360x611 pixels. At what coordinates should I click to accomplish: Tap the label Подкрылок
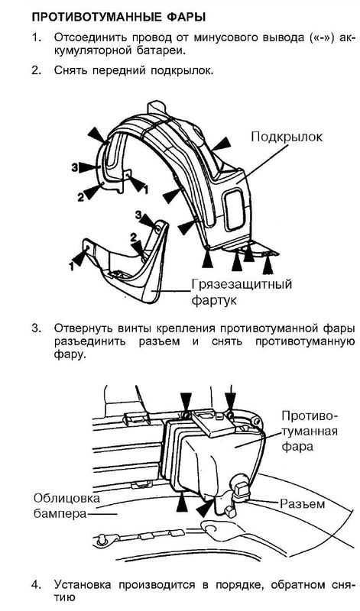[287, 137]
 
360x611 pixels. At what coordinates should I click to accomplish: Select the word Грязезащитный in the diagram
[242, 284]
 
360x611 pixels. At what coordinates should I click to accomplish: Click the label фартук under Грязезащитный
[214, 301]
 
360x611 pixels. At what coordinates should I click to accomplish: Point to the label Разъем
[303, 503]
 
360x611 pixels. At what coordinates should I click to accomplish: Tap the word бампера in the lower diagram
[60, 514]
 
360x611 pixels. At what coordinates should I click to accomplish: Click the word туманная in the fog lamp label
[310, 431]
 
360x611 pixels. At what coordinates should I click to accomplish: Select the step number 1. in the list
[36, 38]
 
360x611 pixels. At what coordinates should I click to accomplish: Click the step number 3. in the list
[36, 328]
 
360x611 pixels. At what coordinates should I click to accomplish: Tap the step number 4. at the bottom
[36, 585]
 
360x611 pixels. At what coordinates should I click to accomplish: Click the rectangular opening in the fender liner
[235, 209]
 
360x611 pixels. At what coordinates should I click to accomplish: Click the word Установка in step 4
[83, 585]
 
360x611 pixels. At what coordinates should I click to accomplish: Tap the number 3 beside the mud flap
[138, 215]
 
